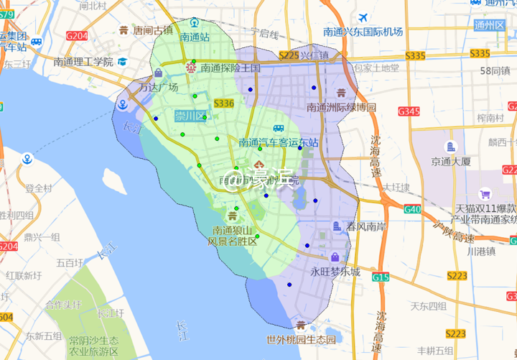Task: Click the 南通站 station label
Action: [x=195, y=37]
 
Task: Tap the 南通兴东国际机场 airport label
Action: [x=363, y=32]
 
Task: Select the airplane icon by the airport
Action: [x=363, y=17]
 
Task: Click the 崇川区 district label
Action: [x=190, y=116]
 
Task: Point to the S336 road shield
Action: [x=223, y=103]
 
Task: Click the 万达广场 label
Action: [x=158, y=88]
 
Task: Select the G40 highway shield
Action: [x=412, y=209]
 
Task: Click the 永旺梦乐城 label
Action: [x=335, y=272]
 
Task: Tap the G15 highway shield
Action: [x=381, y=277]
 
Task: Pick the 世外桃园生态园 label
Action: [x=301, y=340]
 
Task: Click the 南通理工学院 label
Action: [x=83, y=62]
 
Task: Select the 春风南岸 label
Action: [x=367, y=226]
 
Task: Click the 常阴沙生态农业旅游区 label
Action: [x=93, y=346]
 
